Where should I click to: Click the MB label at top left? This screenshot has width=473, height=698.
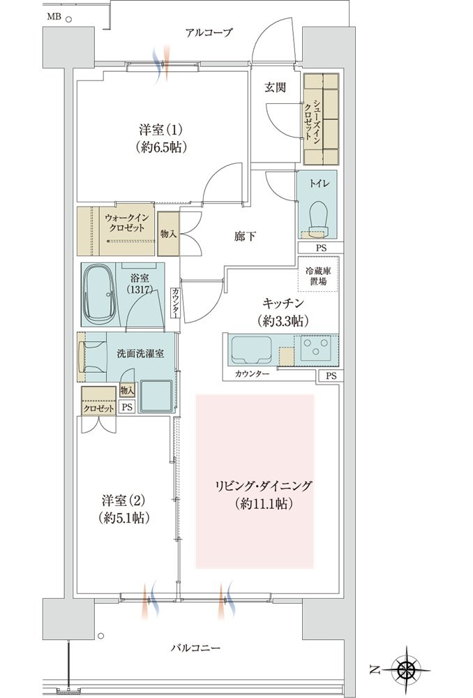point(54,17)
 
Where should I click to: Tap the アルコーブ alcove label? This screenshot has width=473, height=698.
point(209,33)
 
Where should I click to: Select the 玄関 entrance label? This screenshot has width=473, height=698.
point(275,88)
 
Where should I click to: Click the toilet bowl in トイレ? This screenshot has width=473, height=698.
point(317,216)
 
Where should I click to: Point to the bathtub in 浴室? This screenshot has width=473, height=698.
point(99,295)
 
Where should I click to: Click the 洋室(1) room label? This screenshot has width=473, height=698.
point(160,131)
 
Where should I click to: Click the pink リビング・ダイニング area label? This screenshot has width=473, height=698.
point(264,486)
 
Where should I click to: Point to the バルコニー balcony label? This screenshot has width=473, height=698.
point(195,648)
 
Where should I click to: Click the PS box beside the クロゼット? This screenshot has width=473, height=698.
point(127,407)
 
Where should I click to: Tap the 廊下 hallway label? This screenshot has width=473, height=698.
point(245,236)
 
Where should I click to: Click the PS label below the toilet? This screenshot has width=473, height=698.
point(321,248)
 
